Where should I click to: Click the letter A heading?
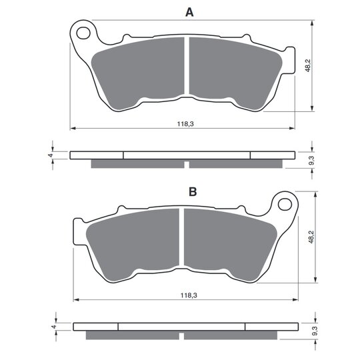(x=189, y=13)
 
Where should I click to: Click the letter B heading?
(x=193, y=192)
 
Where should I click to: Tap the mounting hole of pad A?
(x=83, y=33)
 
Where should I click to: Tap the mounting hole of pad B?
(x=285, y=205)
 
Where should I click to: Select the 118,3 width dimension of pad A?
(x=185, y=124)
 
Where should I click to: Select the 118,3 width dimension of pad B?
(x=189, y=295)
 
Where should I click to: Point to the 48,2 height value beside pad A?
(x=308, y=65)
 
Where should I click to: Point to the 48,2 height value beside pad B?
(x=311, y=237)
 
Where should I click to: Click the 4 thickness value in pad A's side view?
(x=51, y=155)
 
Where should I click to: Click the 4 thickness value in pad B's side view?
(x=54, y=327)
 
